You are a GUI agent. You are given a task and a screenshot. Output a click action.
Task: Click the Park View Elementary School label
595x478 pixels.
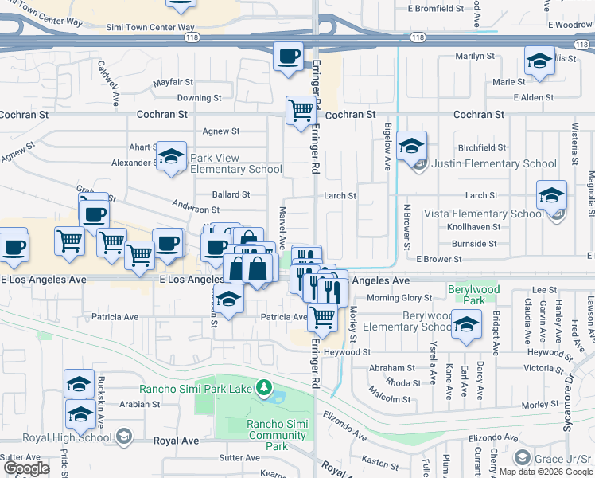point(235,163)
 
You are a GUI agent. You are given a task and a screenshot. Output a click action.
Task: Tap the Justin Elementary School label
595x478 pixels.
point(493,163)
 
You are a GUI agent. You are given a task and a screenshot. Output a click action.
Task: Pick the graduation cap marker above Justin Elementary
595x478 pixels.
point(411,146)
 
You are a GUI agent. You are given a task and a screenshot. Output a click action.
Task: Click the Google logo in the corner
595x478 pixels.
point(26,468)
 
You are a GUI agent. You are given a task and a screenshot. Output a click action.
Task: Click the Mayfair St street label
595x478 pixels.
point(173,82)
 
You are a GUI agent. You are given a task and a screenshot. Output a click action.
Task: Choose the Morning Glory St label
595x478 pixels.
point(399,298)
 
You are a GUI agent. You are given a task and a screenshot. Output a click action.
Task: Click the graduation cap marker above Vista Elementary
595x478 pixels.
point(551,194)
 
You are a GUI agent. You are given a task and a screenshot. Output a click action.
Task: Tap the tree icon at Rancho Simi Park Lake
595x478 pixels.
point(263,389)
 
